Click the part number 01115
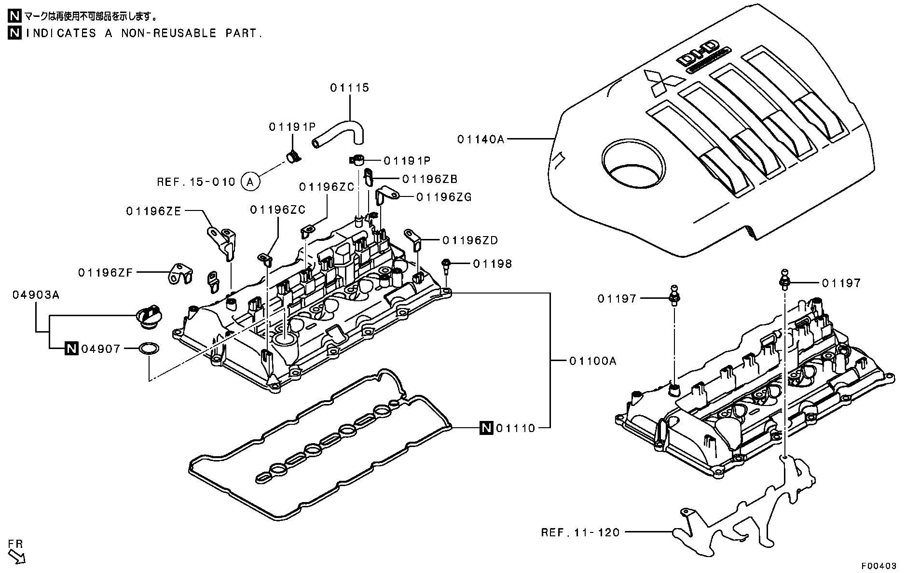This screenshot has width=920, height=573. coord(349,88)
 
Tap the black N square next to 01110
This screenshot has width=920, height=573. coord(486,428)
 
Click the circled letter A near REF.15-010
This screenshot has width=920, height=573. coord(249,182)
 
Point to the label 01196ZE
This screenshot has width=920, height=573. coord(153,211)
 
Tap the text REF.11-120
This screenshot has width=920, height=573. coord(580,532)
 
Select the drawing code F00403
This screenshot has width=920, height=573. coord(879,565)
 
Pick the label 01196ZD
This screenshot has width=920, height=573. coord(470,240)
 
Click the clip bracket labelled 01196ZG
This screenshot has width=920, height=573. coord(386,195)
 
